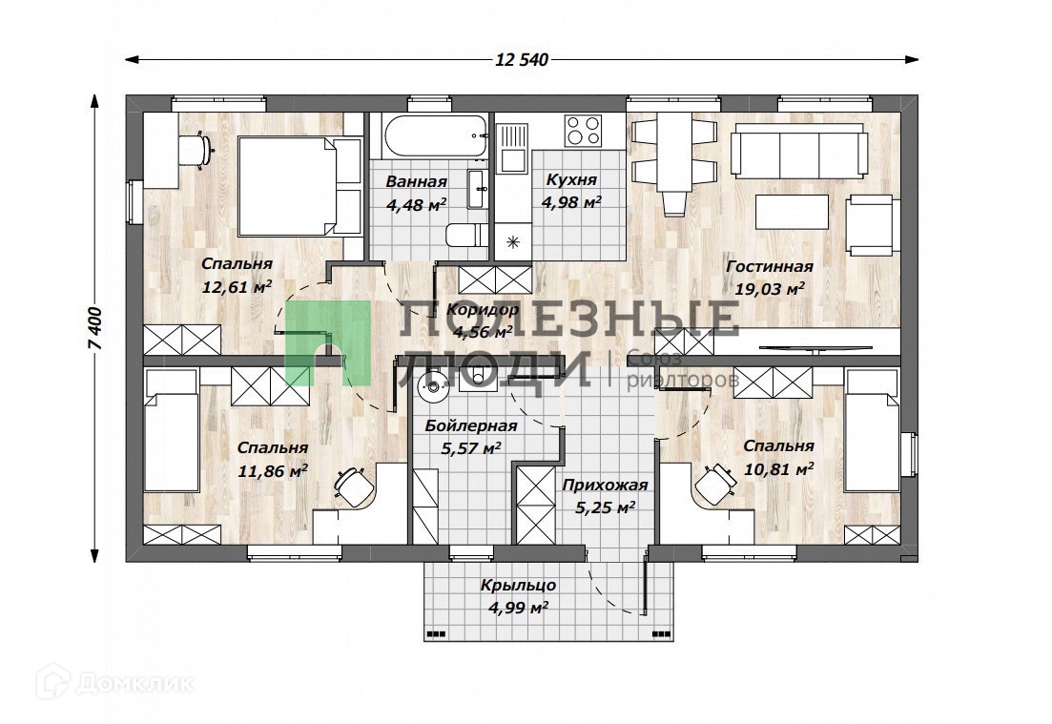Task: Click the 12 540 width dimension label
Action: click(x=522, y=60)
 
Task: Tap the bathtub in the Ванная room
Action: click(x=433, y=136)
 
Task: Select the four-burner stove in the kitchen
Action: click(x=583, y=130)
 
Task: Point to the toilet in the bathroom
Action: click(x=466, y=235)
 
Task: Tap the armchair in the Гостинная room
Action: click(x=870, y=225)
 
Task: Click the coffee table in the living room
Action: click(x=792, y=212)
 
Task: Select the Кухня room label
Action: click(x=571, y=180)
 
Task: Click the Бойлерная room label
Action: click(x=471, y=426)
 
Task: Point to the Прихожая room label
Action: click(x=606, y=486)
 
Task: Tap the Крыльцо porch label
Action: click(x=518, y=585)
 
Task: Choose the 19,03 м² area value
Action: click(x=770, y=288)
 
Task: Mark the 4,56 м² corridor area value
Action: click(x=483, y=331)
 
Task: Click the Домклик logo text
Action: click(x=134, y=684)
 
